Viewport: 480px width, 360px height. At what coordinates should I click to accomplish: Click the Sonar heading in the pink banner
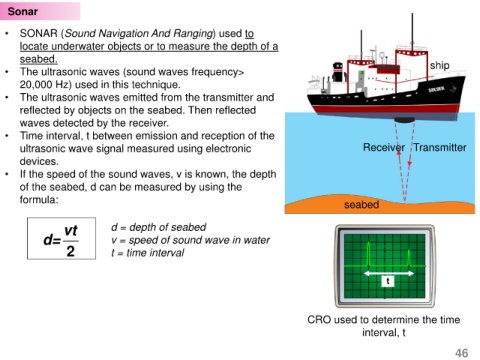[x=23, y=11]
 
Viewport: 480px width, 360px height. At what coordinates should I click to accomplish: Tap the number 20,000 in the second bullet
[x=36, y=85]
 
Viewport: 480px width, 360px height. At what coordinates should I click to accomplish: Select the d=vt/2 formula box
[x=61, y=238]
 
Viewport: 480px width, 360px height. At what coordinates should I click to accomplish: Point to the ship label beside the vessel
[x=439, y=66]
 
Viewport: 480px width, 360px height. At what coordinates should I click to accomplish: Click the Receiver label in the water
[x=384, y=147]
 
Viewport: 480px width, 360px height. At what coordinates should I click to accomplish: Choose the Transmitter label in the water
[x=440, y=147]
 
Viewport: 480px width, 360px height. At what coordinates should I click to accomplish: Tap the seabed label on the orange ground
[x=361, y=204]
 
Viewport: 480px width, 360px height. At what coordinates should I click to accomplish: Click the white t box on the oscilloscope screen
[x=388, y=281]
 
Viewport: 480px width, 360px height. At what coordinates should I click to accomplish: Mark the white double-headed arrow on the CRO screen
[x=389, y=274]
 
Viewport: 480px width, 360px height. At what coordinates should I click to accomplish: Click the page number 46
[x=462, y=353]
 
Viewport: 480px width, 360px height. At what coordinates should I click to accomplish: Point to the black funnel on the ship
[x=338, y=71]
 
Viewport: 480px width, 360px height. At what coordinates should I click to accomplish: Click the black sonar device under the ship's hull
[x=404, y=120]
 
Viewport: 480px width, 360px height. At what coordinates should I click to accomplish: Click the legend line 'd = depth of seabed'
[x=159, y=227]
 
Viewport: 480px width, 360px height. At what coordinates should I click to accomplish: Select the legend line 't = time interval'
[x=148, y=253]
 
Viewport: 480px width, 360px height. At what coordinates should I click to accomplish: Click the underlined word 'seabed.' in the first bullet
[x=39, y=59]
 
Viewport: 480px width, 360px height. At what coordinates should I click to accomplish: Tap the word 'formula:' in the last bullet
[x=39, y=200]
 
